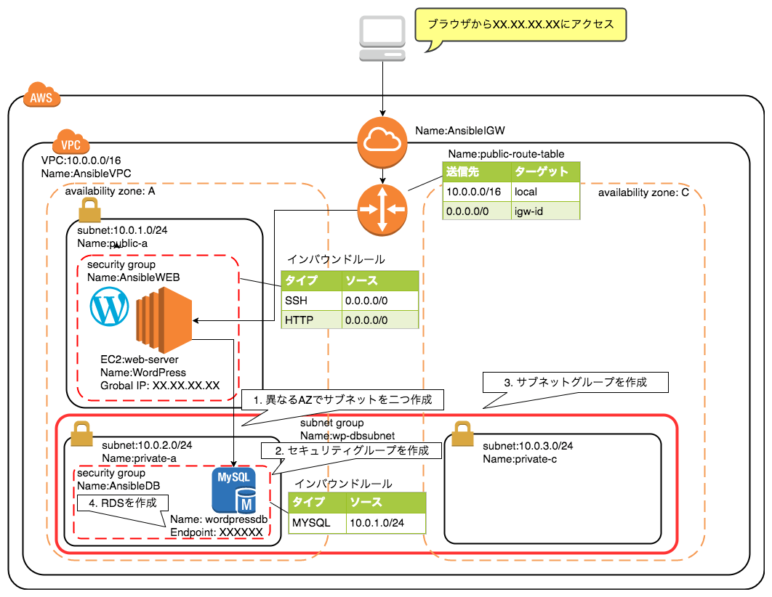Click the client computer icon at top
pyautogui.click(x=382, y=41)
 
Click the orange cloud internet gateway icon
pyautogui.click(x=382, y=141)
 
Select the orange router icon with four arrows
pyautogui.click(x=382, y=211)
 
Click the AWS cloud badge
pyautogui.click(x=42, y=97)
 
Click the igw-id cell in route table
pyautogui.click(x=544, y=211)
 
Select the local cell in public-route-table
pyautogui.click(x=544, y=191)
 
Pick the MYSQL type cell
pyautogui.click(x=315, y=523)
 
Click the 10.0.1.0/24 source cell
pyautogui.click(x=384, y=523)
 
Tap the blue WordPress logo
pyautogui.click(x=110, y=307)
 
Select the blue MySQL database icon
pyautogui.click(x=233, y=490)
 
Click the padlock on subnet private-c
pyautogui.click(x=463, y=435)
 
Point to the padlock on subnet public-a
pyautogui.click(x=88, y=211)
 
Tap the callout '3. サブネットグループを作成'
pyautogui.click(x=574, y=382)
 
